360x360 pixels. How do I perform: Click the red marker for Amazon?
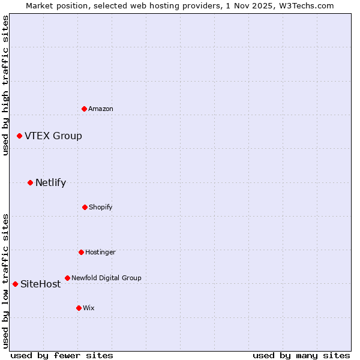click(85, 109)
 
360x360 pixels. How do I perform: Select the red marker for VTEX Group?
click(20, 136)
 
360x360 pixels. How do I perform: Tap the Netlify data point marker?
click(31, 182)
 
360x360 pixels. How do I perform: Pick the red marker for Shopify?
click(85, 207)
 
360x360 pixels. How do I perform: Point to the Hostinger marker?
click(81, 252)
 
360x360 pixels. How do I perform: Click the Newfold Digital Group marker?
click(67, 278)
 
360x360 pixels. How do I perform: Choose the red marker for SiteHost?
click(16, 284)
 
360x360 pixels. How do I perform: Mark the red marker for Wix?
click(79, 308)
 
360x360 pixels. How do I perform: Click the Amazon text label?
click(101, 109)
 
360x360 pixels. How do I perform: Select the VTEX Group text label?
click(53, 136)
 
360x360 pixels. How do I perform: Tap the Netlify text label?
click(50, 183)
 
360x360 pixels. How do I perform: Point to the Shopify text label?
click(101, 207)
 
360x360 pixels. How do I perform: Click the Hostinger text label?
click(100, 252)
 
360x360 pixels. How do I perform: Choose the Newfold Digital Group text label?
click(106, 278)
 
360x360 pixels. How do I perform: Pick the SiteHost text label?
click(41, 284)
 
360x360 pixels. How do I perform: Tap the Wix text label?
click(89, 308)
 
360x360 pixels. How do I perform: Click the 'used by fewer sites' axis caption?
click(62, 355)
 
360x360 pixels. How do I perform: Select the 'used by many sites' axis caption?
click(301, 355)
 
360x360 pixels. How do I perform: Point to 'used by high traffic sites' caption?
click(5, 85)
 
